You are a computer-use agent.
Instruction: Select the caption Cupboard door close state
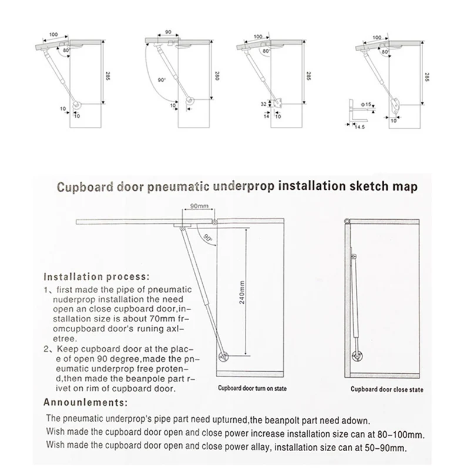pyautogui.click(x=387, y=389)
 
